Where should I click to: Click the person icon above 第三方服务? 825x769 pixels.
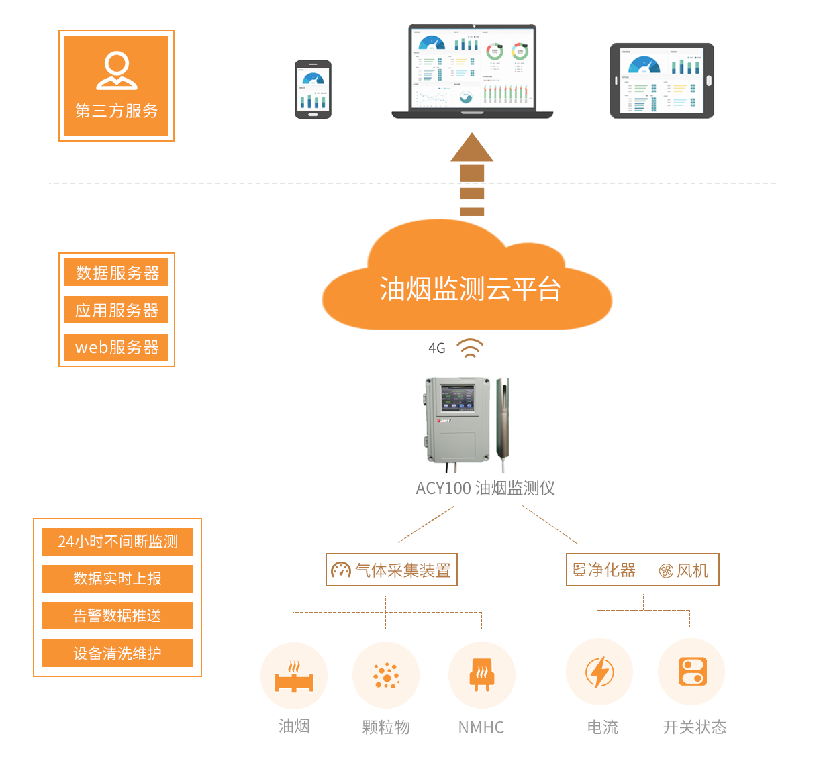[x=117, y=70]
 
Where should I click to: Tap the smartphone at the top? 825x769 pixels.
[x=313, y=89]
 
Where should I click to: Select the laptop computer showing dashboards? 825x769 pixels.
[x=473, y=70]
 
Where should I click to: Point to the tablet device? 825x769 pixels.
[x=662, y=81]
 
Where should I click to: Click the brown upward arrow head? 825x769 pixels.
[x=472, y=148]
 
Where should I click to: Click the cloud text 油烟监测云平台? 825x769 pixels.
[x=470, y=289]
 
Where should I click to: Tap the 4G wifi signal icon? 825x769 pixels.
[x=470, y=348]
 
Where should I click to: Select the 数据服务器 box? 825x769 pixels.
[x=117, y=273]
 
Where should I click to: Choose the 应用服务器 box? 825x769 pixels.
[x=117, y=310]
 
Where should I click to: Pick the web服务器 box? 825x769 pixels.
[x=117, y=347]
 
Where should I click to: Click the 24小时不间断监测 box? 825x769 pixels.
[x=117, y=542]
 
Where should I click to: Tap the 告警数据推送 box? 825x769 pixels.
[x=117, y=615]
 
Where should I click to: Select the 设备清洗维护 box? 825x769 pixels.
[x=117, y=653]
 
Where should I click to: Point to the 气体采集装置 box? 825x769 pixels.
[x=391, y=570]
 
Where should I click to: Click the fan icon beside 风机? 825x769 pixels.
[x=666, y=571]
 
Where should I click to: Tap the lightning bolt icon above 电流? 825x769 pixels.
[x=599, y=672]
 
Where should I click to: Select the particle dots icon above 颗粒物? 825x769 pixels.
[x=386, y=676]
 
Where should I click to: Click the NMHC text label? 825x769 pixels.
[x=481, y=727]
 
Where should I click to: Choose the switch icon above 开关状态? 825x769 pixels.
[x=692, y=672]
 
